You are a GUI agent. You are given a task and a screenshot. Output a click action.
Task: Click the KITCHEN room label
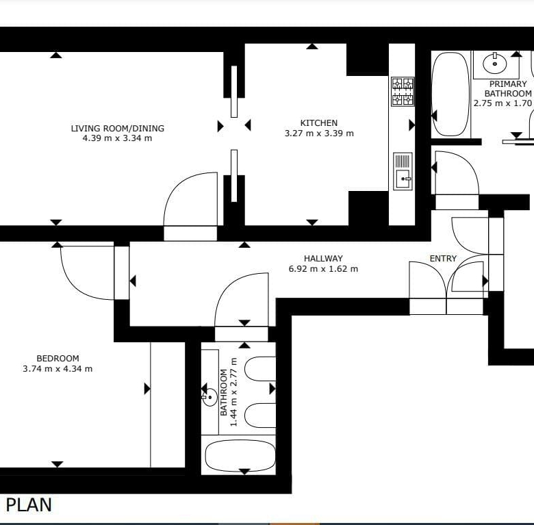click(319, 123)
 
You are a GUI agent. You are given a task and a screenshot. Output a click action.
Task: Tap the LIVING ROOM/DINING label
click(118, 129)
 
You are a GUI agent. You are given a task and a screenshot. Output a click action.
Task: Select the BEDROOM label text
click(58, 359)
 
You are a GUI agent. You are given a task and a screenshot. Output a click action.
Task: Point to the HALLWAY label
click(323, 259)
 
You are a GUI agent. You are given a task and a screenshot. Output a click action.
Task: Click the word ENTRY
click(443, 259)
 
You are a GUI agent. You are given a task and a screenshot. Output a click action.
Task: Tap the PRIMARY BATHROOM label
click(508, 88)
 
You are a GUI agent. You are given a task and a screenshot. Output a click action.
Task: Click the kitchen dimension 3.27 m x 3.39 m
click(319, 133)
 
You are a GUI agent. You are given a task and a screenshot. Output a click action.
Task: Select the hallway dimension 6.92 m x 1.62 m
click(323, 269)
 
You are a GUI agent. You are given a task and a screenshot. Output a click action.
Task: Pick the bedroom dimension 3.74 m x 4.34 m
click(58, 369)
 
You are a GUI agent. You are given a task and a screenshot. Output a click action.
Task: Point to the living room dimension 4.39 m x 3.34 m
click(117, 138)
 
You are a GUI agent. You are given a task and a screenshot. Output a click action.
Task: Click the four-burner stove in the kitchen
click(403, 92)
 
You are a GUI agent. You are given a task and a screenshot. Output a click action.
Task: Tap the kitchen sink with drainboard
click(403, 171)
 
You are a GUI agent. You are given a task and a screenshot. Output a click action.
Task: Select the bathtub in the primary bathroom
click(450, 94)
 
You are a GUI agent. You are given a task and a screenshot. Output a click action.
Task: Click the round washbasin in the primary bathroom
click(494, 64)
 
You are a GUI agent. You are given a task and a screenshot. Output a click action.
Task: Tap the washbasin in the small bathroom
click(209, 397)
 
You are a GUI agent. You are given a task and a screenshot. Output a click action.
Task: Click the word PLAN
click(29, 504)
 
